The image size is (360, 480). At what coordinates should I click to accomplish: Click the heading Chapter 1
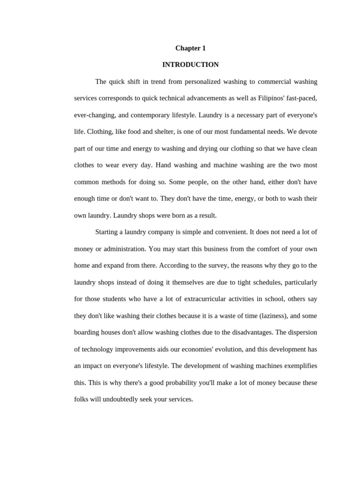click(190, 48)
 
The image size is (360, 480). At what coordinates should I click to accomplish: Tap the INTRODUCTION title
click(190, 65)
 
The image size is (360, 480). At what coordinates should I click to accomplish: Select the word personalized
click(209, 82)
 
